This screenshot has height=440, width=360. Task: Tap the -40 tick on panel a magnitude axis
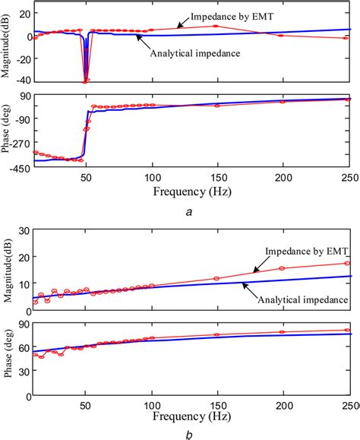(x=22, y=81)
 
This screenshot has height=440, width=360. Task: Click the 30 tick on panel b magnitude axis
(x=24, y=230)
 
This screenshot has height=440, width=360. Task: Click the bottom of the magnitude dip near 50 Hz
(x=85, y=81)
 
